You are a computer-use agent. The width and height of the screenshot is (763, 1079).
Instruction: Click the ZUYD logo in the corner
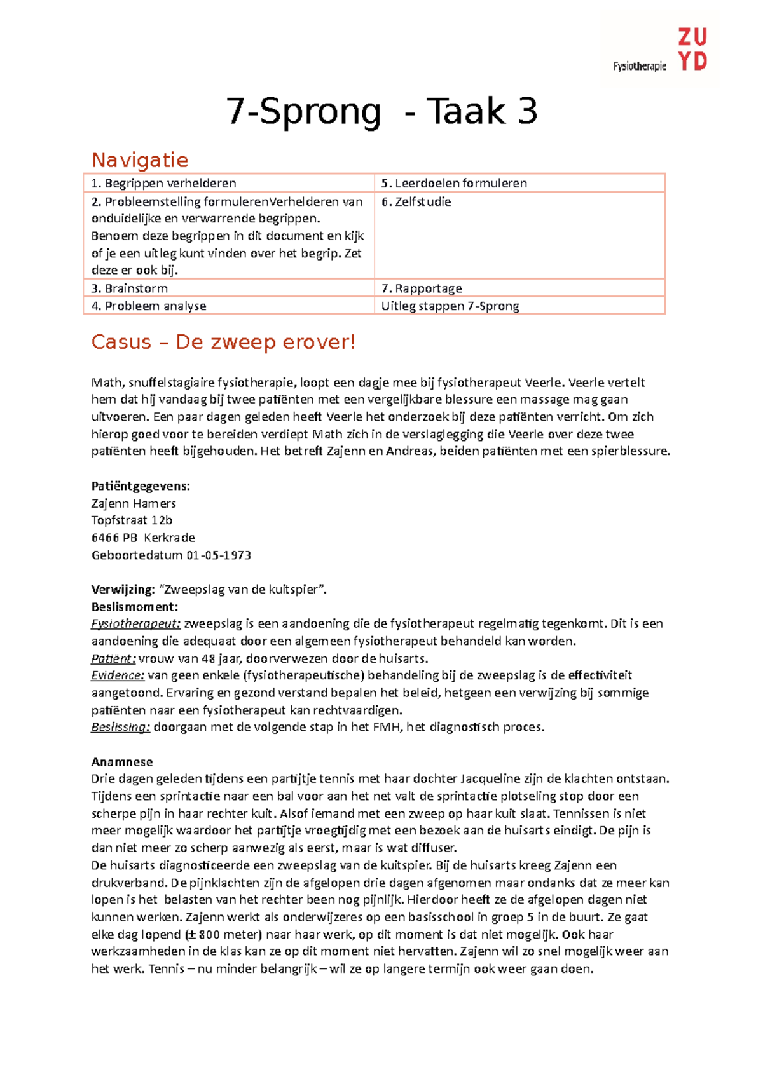[x=692, y=50]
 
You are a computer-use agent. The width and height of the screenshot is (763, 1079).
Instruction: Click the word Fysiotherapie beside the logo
[x=640, y=66]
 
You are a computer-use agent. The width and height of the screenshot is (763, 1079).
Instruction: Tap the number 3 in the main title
[x=527, y=111]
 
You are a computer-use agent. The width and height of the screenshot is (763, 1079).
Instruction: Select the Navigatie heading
[x=140, y=159]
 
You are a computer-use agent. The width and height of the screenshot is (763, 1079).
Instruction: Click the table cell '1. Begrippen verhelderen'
[x=164, y=183]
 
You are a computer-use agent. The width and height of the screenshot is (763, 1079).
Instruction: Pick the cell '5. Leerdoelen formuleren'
[x=454, y=183]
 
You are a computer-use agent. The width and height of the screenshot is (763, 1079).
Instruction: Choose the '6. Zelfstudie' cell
[x=416, y=201]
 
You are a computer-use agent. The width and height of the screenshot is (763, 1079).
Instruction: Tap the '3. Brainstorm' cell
[x=130, y=288]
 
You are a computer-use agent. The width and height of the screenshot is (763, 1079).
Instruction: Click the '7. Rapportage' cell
[x=422, y=288]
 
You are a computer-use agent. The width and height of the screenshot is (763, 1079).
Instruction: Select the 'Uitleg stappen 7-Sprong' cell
[x=450, y=306]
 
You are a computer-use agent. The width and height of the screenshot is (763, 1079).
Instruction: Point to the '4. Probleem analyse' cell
[x=149, y=306]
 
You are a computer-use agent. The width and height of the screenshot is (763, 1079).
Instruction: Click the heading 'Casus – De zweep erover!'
[x=223, y=342]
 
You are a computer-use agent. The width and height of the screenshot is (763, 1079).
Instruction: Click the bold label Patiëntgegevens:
[x=141, y=486]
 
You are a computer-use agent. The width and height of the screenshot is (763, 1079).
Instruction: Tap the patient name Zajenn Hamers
[x=134, y=503]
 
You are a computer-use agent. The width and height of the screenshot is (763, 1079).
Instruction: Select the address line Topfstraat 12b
[x=132, y=520]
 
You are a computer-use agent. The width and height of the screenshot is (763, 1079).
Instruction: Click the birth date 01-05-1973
[x=219, y=555]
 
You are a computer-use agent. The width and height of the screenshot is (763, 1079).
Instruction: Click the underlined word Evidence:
[x=118, y=675]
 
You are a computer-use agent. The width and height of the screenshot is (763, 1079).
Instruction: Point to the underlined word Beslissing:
[x=120, y=727]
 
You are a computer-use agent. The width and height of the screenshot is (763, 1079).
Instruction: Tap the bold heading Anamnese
[x=122, y=762]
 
